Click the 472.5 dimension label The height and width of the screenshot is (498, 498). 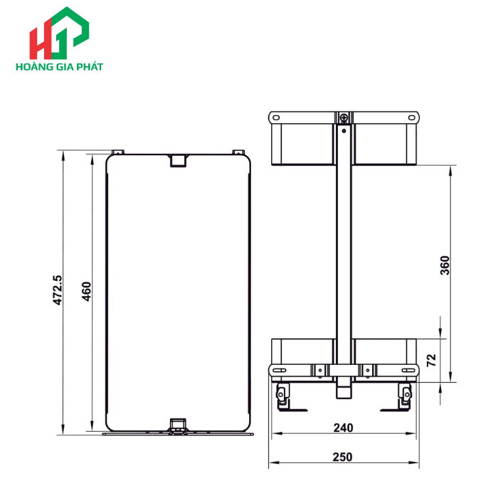click(58, 291)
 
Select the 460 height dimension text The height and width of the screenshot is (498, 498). click(87, 292)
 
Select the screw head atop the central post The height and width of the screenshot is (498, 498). click(344, 118)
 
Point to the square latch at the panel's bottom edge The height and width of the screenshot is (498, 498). click(179, 425)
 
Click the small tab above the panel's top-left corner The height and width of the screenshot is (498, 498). click(119, 152)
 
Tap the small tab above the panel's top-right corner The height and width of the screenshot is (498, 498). click(238, 152)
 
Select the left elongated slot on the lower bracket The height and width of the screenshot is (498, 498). click(278, 369)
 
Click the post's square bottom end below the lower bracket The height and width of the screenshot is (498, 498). click(344, 391)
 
